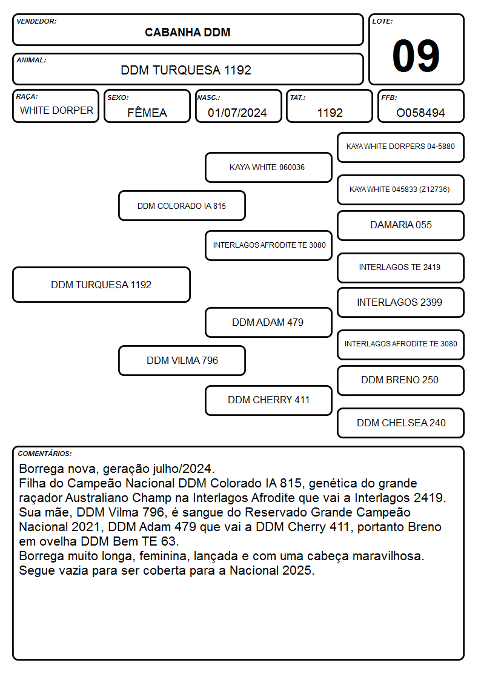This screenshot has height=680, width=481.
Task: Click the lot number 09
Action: click(x=416, y=56)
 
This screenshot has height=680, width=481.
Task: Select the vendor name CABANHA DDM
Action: click(x=187, y=33)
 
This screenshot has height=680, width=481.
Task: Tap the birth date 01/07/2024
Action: click(x=237, y=113)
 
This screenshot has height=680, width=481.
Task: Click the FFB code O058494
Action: click(x=420, y=113)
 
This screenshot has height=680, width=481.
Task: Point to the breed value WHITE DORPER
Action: click(x=56, y=111)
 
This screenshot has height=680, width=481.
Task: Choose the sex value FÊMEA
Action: click(x=147, y=113)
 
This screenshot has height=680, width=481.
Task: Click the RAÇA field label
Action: click(x=27, y=97)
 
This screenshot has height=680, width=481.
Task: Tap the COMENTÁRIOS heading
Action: click(x=45, y=454)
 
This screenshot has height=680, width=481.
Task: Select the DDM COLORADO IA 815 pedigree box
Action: click(x=182, y=205)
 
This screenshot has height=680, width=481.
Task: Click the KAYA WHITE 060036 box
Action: click(x=268, y=167)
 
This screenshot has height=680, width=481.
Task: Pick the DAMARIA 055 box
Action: click(x=401, y=225)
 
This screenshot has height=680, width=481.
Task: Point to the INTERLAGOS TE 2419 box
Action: click(x=401, y=268)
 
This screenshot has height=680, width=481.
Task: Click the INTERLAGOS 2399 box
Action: click(x=401, y=303)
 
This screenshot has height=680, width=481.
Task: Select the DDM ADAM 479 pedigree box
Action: click(x=268, y=323)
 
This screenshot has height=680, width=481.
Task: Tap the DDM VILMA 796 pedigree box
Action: click(x=182, y=360)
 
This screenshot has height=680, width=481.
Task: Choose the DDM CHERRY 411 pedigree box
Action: click(x=268, y=400)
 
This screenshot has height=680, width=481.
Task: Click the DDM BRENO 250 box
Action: click(x=401, y=380)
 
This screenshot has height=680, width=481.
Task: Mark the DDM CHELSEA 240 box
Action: click(x=401, y=423)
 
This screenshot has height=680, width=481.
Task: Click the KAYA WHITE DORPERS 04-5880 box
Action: click(x=401, y=148)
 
